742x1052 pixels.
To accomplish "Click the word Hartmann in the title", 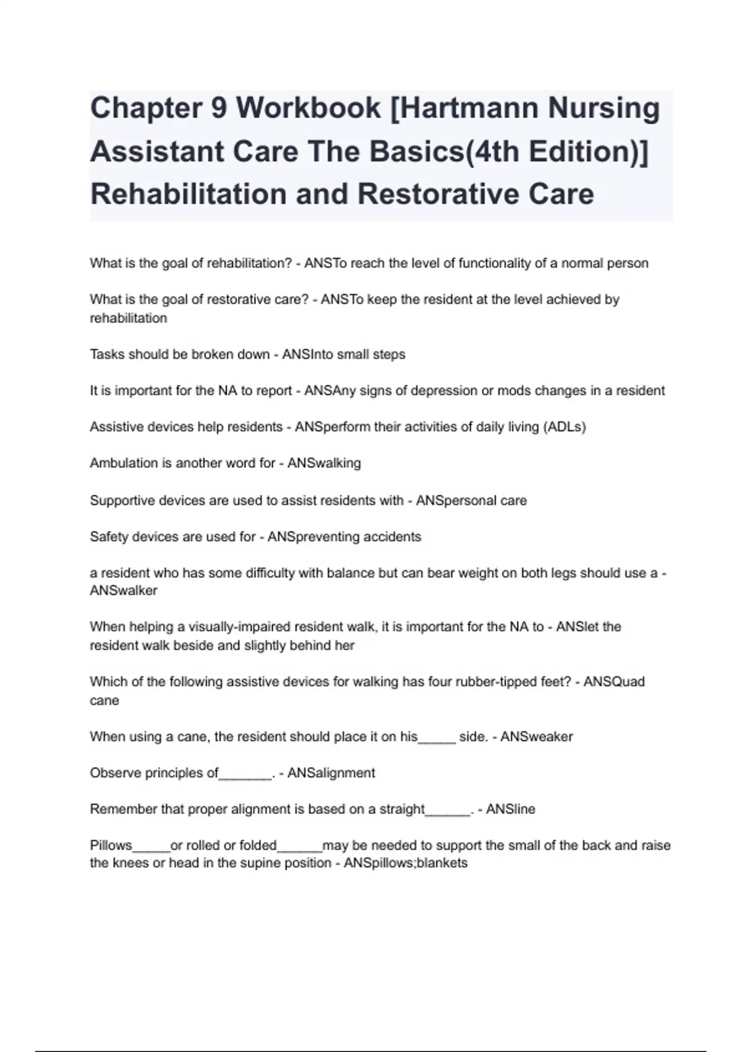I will coord(461,108).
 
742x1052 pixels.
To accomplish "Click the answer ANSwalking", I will coord(324,463).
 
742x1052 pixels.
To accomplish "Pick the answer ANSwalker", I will coord(124,591).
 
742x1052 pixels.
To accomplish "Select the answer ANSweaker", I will coord(536,737).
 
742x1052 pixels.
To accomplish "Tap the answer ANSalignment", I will coord(331,774).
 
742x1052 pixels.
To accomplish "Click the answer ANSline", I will coord(510,809).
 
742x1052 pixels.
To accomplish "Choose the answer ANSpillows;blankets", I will coord(405,863).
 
